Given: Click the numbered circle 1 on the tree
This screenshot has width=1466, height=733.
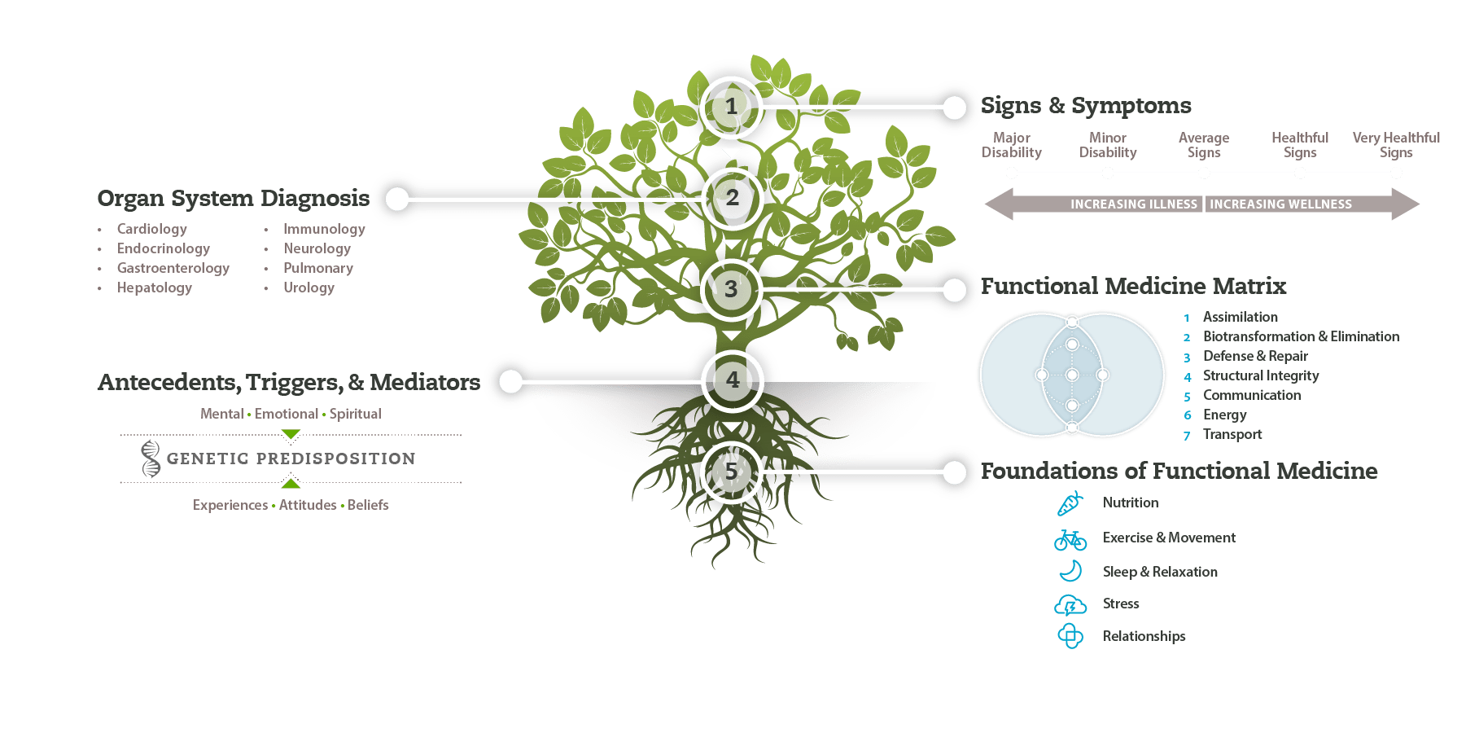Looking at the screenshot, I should tap(731, 107).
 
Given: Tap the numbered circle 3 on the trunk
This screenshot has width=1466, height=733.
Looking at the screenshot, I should tap(731, 289).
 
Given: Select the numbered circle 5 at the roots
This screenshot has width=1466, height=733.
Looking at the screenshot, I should tap(731, 472).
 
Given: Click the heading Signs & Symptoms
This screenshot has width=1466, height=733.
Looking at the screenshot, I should tap(1085, 106).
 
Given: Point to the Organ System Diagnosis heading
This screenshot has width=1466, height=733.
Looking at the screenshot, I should tap(233, 199).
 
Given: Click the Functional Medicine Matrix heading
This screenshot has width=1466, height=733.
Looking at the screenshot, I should tap(1133, 287).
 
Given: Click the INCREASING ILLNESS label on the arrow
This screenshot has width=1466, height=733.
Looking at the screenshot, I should tap(1133, 204).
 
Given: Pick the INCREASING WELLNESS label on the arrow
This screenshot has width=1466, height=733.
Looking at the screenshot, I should tap(1280, 204).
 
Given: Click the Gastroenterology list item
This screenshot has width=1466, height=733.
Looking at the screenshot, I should tap(173, 268).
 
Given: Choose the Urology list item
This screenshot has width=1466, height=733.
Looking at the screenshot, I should tap(309, 287).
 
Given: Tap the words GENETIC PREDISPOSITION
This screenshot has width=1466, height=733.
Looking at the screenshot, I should tap(291, 459).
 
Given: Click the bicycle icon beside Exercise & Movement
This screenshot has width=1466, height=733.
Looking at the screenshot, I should tap(1070, 539).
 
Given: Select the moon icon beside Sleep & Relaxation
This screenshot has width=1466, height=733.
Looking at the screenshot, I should tap(1071, 571).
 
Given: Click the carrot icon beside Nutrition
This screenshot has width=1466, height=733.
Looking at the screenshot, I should tap(1070, 503).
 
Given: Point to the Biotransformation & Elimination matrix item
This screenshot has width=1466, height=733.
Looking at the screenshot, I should tap(1301, 336).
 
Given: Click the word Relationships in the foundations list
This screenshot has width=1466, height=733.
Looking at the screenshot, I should tap(1144, 636).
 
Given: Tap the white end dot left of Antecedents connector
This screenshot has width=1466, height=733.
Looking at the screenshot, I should tap(510, 381).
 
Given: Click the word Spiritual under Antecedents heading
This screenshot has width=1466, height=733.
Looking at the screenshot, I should tap(356, 414).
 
